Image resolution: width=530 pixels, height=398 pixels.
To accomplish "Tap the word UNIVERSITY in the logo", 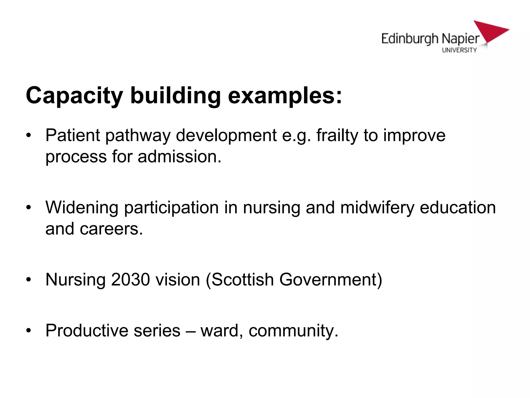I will pyautogui.click(x=459, y=50).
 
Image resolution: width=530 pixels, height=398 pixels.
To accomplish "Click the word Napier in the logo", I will pyautogui.click(x=460, y=39).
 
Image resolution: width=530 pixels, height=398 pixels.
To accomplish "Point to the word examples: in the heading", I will pyautogui.click(x=285, y=96).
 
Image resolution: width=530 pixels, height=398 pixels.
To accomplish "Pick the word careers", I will pyautogui.click(x=111, y=229).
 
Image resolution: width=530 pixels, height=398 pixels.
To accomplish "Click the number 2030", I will pyautogui.click(x=130, y=280).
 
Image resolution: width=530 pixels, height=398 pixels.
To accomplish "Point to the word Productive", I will pyautogui.click(x=87, y=331).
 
